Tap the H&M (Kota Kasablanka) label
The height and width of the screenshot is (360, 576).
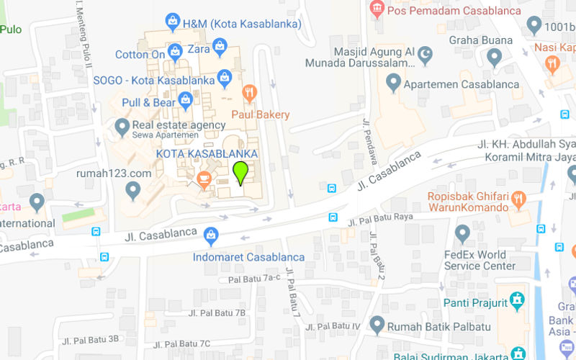coord(242,24)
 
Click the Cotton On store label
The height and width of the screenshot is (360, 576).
coord(140,55)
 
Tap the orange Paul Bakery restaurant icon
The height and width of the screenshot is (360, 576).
coord(249,92)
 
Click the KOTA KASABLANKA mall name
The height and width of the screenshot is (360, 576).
coord(207,154)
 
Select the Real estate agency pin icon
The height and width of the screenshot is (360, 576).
coord(122,127)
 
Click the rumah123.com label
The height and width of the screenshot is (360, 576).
coord(114,174)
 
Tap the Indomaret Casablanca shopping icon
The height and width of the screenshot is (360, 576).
coord(211,234)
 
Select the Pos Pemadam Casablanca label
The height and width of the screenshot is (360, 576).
coord(454,11)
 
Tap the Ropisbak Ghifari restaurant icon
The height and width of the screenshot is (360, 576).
coord(519,199)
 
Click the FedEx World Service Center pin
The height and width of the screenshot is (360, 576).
coord(463,233)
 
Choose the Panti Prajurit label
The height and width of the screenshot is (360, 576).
coord(475,302)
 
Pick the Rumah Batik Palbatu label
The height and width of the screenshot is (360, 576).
coord(434,327)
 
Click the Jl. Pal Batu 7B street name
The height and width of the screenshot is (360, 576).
coord(217,313)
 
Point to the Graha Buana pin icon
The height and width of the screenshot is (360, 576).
coord(495,57)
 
